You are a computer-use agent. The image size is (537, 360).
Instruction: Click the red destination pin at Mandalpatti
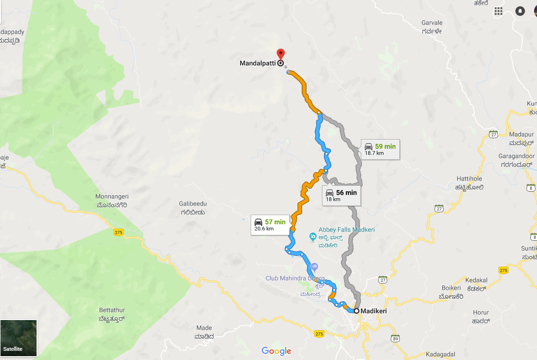(x=281, y=54)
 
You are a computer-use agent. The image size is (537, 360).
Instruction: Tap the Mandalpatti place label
(x=257, y=63)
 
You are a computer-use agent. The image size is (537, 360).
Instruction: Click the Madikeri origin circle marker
(x=357, y=311)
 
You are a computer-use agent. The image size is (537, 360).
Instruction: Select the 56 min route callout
(x=341, y=195)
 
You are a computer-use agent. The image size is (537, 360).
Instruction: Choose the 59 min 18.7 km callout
(x=379, y=149)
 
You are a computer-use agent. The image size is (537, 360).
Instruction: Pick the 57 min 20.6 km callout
(x=269, y=225)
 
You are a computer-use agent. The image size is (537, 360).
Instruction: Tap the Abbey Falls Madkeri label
(x=346, y=230)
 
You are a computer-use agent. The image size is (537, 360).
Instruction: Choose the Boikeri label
(x=451, y=288)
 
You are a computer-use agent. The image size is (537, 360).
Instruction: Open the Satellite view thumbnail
(x=19, y=338)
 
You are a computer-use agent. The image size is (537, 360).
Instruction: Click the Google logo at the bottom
(x=277, y=351)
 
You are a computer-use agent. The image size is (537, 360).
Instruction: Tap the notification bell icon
(x=520, y=11)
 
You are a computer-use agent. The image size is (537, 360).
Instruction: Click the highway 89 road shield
(x=396, y=339)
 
